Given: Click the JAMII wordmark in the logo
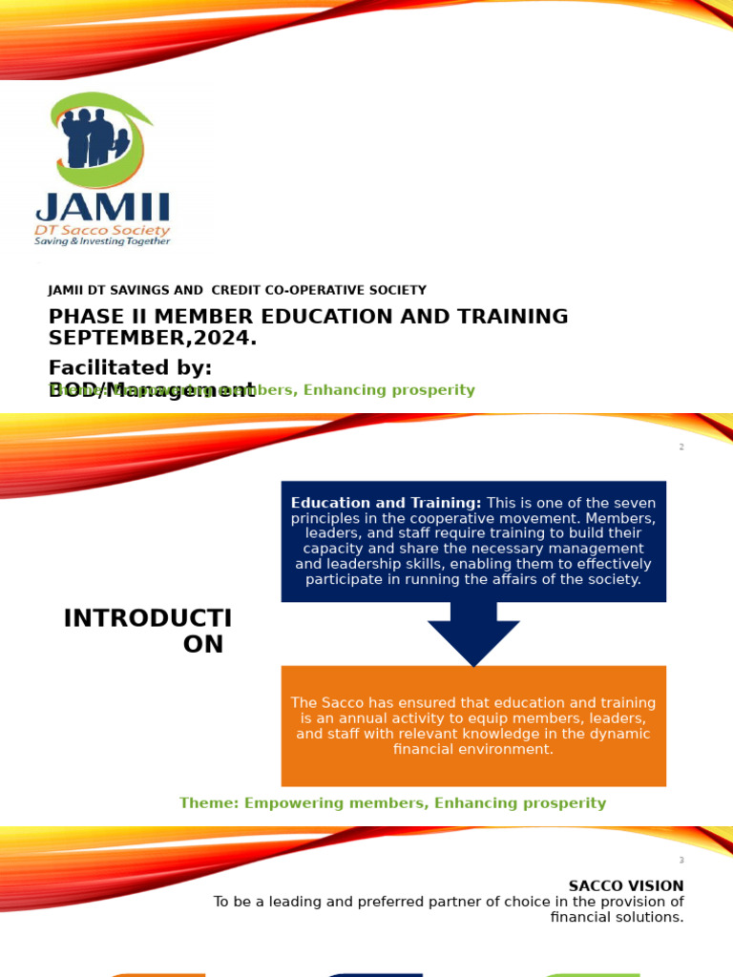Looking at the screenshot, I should (x=103, y=207).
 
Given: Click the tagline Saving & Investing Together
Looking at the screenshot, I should (x=103, y=241).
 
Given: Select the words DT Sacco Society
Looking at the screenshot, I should (x=103, y=230).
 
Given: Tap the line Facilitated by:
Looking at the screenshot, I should (x=131, y=367).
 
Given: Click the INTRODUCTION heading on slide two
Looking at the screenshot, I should (x=148, y=631).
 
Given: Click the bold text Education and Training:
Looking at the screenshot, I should (x=386, y=503).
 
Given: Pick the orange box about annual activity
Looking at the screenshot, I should (x=473, y=726).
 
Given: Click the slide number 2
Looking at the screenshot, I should (x=681, y=447).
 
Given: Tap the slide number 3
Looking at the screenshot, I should (x=681, y=861).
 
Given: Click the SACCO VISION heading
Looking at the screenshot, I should (x=626, y=886).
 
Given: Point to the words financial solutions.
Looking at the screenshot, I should (x=618, y=917).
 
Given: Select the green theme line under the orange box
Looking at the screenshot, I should (x=392, y=803).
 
